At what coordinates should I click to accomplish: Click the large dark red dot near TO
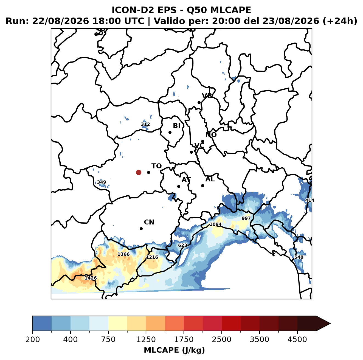[139, 172]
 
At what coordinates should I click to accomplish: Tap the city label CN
[149, 222]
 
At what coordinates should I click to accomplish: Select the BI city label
[176, 126]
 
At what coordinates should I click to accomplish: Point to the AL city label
[210, 179]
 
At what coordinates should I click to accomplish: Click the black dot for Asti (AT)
[179, 187]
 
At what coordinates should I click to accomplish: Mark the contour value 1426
[91, 278]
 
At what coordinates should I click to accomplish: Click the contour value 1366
[123, 254]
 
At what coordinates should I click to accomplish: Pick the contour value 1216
[152, 257]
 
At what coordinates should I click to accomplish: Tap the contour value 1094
[215, 224]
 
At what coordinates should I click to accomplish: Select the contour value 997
[246, 218]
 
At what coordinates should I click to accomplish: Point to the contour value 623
[182, 245]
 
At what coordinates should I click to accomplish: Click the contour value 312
[145, 124]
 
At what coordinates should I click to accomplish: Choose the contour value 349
[102, 182]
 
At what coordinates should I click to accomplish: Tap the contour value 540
[299, 257]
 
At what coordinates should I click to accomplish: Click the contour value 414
[309, 200]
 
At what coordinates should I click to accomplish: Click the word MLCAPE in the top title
[230, 10]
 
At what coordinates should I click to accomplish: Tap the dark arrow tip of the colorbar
[330, 324]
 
